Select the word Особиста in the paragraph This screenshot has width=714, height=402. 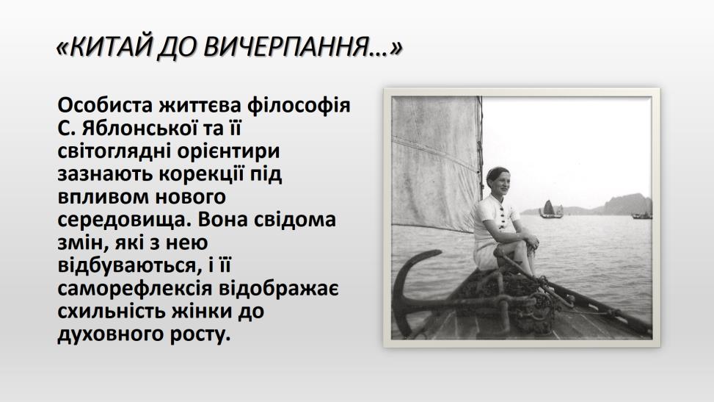point(105,105)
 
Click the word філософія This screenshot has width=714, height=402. point(299,105)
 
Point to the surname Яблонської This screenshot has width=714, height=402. point(139,129)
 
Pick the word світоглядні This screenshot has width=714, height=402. point(114,151)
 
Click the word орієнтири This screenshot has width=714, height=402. point(229,151)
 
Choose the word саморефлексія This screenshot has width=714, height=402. point(135,289)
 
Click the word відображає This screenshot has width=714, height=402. point(279,289)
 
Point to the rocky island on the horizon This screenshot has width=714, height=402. point(628,204)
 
